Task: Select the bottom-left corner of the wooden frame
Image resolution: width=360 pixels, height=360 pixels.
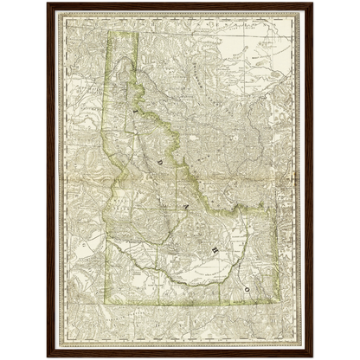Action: (46, 358)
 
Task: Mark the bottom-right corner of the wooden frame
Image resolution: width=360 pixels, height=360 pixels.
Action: (314, 358)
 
